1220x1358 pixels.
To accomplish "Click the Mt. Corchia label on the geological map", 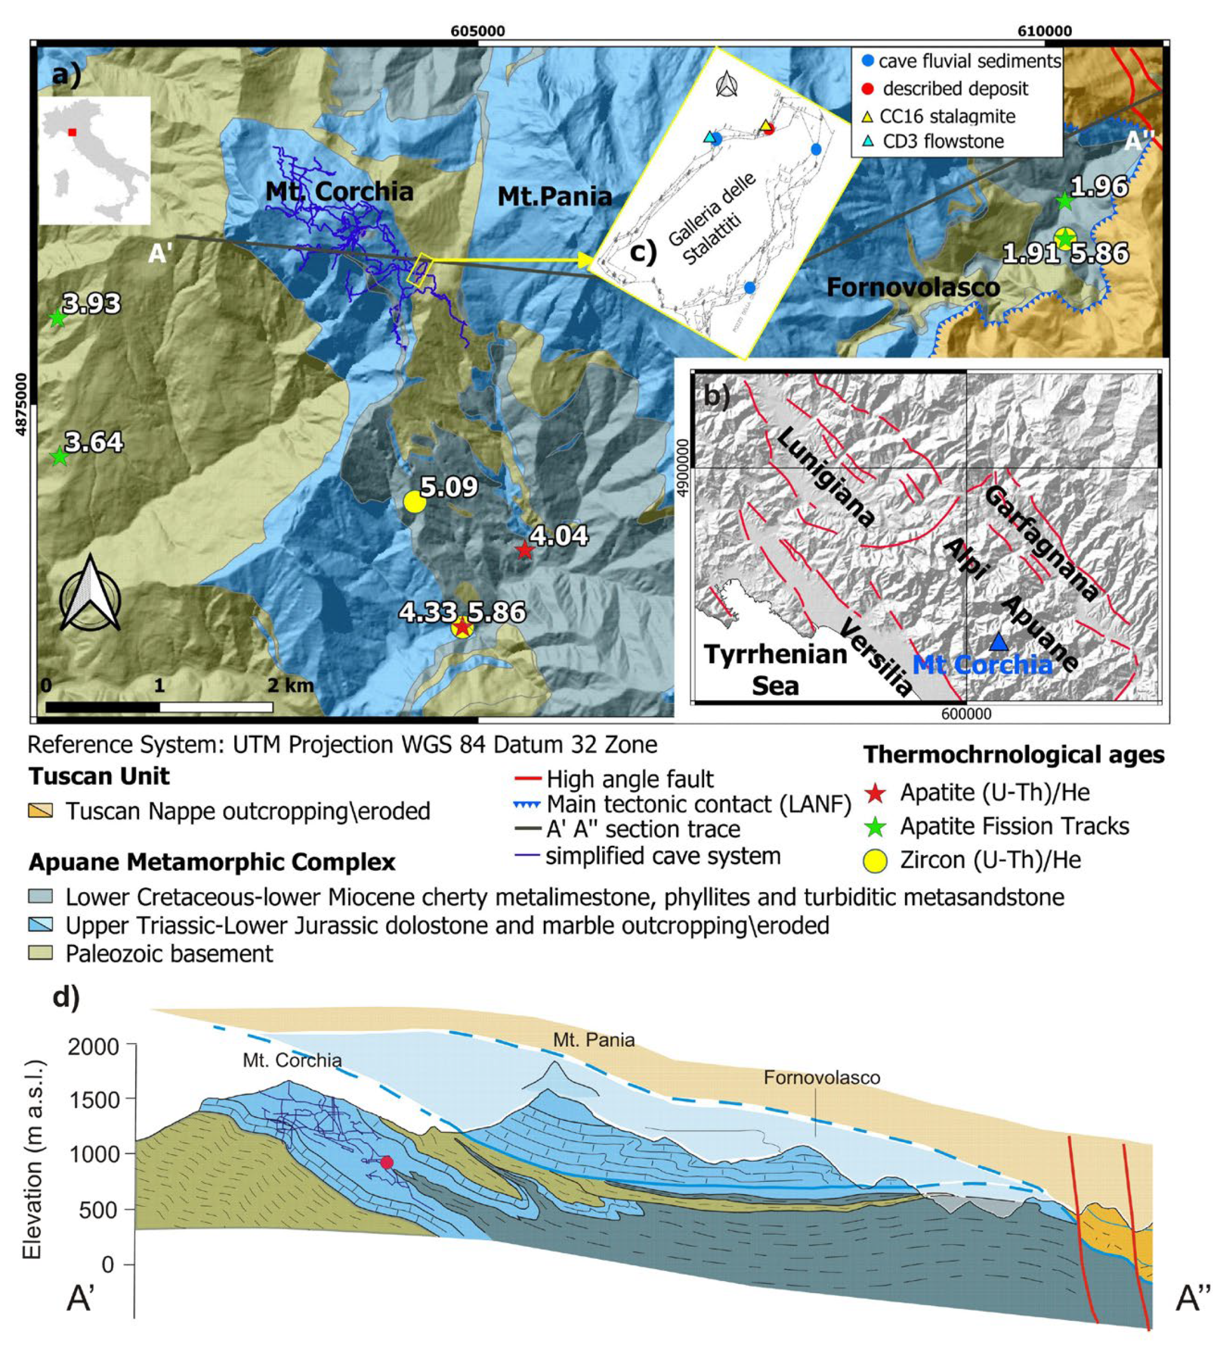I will click(x=339, y=192).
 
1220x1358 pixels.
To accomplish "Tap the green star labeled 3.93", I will click(x=58, y=318).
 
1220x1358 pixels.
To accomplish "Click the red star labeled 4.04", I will click(x=524, y=550).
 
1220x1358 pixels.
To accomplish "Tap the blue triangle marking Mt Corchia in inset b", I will click(x=999, y=642).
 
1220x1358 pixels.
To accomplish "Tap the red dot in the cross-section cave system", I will click(x=386, y=1162).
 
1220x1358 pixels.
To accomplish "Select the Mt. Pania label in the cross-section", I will click(x=593, y=1040).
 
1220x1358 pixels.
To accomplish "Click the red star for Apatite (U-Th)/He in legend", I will click(x=876, y=793).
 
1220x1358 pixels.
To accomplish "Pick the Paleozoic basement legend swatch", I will click(x=40, y=953).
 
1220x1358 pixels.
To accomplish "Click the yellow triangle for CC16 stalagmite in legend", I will click(x=867, y=117).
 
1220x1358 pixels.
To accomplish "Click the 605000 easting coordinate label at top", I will click(x=477, y=31).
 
